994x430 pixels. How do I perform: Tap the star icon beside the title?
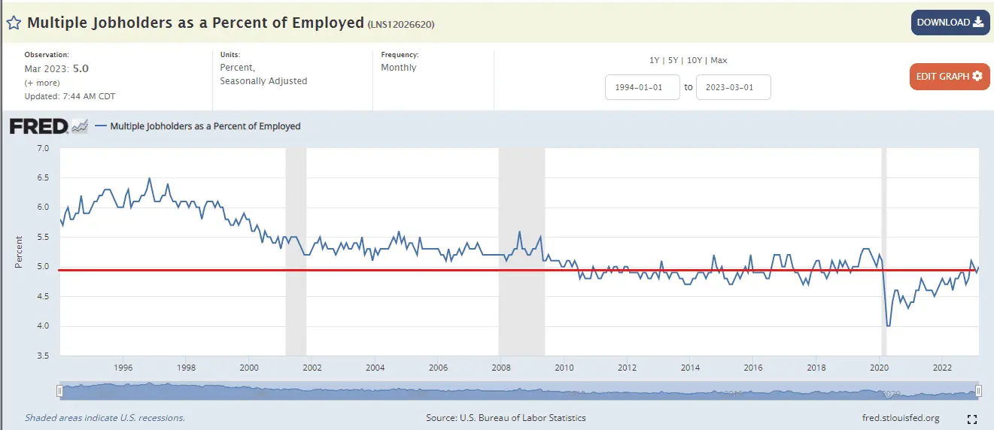(13, 23)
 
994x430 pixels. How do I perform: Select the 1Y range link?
(655, 60)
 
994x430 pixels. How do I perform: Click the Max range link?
(719, 60)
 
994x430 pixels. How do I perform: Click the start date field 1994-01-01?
(642, 87)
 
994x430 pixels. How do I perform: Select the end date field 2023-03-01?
(733, 87)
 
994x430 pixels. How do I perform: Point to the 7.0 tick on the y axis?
(42, 149)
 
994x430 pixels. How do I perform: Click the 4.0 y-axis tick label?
(42, 326)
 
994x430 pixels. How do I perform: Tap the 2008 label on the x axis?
(501, 368)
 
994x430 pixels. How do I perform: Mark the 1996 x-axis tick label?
(123, 368)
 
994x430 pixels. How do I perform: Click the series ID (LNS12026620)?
(401, 24)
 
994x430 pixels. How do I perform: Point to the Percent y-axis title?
(18, 252)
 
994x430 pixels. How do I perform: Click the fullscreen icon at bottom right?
(971, 419)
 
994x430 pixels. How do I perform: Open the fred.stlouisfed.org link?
(901, 418)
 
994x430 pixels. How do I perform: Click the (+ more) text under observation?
(41, 83)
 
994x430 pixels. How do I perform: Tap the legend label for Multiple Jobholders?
(205, 126)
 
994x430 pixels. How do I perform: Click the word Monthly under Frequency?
(399, 68)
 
